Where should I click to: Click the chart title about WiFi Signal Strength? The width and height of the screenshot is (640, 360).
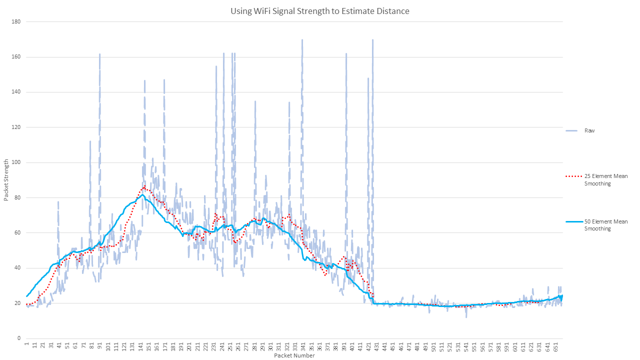click(319, 11)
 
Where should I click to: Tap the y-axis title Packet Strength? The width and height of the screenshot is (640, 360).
click(6, 180)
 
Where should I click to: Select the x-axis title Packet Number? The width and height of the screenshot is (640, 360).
click(294, 355)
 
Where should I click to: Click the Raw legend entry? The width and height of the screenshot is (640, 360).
click(589, 130)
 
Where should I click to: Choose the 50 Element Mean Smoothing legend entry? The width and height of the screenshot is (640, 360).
click(605, 225)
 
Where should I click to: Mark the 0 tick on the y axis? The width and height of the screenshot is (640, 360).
click(18, 338)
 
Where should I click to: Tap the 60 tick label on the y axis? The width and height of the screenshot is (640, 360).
click(17, 232)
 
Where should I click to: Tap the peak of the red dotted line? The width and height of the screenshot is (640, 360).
click(144, 187)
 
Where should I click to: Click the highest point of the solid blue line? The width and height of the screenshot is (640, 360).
click(142, 194)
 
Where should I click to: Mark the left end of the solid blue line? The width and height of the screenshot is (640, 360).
click(26, 296)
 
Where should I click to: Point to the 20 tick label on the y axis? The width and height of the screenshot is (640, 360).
click(17, 303)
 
